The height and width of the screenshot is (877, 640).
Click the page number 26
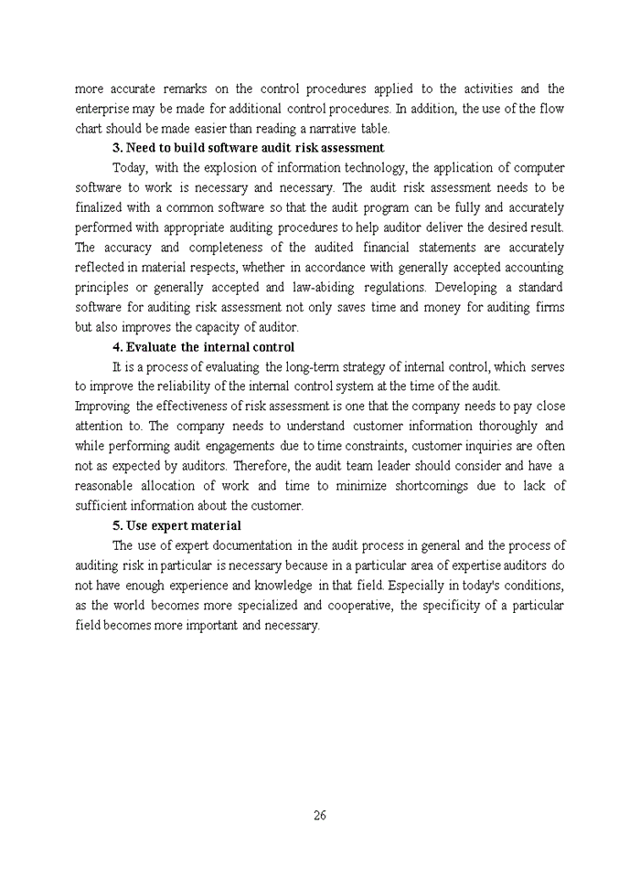point(320,816)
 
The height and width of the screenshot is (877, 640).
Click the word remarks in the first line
point(186,89)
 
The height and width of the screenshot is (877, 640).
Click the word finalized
point(101,207)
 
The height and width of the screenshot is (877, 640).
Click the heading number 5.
point(117,525)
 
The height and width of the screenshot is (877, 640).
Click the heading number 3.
point(117,148)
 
